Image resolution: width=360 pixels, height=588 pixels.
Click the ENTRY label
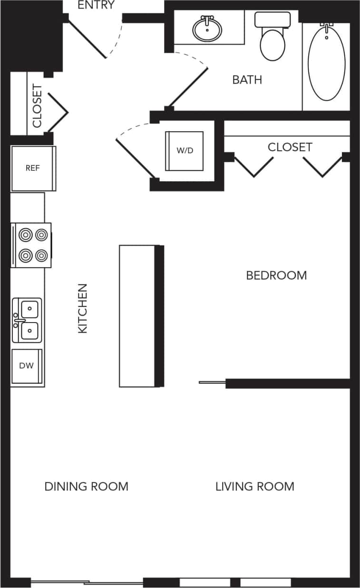(x=96, y=5)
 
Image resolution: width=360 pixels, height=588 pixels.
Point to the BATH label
(x=247, y=79)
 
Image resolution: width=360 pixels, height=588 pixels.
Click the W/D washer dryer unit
(x=185, y=151)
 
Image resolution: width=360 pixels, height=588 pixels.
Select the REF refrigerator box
(x=33, y=168)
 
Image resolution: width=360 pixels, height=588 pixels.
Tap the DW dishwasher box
(x=27, y=366)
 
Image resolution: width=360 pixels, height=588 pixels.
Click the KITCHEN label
(x=83, y=308)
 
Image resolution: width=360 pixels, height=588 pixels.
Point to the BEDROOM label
(x=276, y=275)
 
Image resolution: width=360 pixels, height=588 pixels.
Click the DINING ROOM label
(x=86, y=486)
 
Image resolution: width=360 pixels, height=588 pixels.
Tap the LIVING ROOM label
(x=254, y=486)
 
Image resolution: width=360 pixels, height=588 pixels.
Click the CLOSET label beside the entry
(x=37, y=106)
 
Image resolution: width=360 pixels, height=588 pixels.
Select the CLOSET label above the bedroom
(x=290, y=147)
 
